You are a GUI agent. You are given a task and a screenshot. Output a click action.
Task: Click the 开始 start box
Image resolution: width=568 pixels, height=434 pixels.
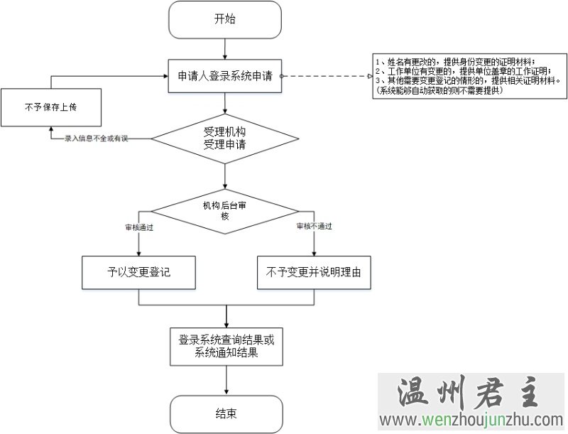pos(224,19)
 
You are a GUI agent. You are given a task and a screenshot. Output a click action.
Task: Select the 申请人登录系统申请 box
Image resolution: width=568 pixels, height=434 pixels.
pos(224,75)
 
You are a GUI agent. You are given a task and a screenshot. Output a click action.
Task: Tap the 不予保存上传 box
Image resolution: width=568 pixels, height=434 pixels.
pos(49,107)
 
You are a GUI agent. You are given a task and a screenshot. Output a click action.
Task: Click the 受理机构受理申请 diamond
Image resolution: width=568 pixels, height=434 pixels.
pos(224,139)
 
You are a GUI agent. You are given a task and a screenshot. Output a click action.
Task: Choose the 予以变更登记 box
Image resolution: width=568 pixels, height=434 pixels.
pos(139,272)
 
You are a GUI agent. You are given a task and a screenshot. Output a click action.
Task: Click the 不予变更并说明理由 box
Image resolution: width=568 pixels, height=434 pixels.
pos(314,272)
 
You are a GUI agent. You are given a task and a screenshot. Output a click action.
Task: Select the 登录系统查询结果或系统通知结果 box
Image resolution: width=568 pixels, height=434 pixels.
pos(226,346)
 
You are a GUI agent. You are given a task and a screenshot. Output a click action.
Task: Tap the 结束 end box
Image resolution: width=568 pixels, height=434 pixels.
pos(226,413)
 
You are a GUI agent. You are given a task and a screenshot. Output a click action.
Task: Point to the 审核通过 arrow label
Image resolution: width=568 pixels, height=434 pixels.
pos(139,227)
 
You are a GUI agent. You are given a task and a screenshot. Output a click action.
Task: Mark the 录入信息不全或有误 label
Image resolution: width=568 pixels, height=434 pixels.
pos(95,139)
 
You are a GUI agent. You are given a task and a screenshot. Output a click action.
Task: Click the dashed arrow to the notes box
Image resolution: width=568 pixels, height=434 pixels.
pos(327,75)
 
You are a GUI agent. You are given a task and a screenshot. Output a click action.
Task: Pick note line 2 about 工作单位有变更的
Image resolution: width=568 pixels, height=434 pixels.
pos(465,71)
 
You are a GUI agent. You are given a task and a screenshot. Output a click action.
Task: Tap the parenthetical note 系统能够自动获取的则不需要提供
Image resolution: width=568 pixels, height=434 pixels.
pos(440,89)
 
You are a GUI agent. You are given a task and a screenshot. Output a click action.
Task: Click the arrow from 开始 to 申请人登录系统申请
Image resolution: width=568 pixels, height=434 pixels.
pos(224,48)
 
